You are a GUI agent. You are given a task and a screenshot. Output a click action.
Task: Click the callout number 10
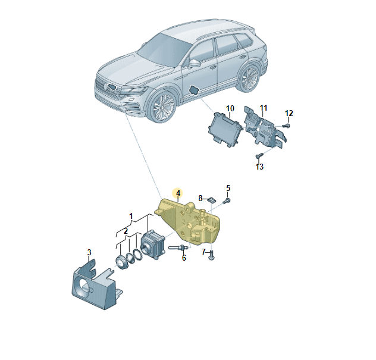point(230,108)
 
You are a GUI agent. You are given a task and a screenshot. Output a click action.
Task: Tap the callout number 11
point(264,108)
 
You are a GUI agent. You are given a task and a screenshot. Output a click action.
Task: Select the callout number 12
point(289,113)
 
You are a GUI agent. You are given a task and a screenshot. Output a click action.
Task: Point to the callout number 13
point(259,167)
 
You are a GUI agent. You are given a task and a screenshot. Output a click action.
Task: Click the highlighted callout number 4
point(177,193)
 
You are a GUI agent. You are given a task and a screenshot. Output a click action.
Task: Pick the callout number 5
point(228,188)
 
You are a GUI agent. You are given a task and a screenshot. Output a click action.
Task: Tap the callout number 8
point(201,198)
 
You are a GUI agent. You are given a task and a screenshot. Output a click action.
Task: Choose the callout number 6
point(184,258)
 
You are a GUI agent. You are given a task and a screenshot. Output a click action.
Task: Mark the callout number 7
point(203,252)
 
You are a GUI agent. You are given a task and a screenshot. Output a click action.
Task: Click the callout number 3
point(89,252)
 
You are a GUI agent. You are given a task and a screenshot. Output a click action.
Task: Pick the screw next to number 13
point(259,156)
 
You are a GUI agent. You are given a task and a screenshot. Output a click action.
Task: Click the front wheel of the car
point(161,109)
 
